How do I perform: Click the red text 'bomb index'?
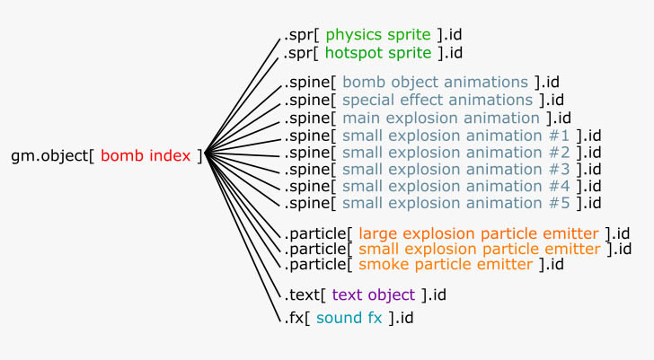pyautogui.click(x=146, y=156)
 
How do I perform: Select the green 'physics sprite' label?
pyautogui.click(x=378, y=35)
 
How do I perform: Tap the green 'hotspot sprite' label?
pyautogui.click(x=378, y=53)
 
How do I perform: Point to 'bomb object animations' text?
pyautogui.click(x=435, y=83)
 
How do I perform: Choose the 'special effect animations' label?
pyautogui.click(x=437, y=101)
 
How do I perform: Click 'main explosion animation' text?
pyautogui.click(x=441, y=119)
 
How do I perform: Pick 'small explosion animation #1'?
pyautogui.click(x=455, y=136)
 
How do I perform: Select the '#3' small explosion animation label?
pyautogui.click(x=455, y=170)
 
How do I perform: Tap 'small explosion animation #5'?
pyautogui.click(x=455, y=203)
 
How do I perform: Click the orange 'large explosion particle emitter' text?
pyautogui.click(x=479, y=234)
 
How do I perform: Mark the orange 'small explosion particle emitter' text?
pyautogui.click(x=480, y=250)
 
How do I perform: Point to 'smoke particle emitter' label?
pyautogui.click(x=446, y=265)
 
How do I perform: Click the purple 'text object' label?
pyautogui.click(x=374, y=295)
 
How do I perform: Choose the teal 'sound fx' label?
pyautogui.click(x=349, y=318)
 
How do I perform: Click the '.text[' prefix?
pyautogui.click(x=305, y=295)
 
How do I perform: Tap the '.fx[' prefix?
pyautogui.click(x=297, y=319)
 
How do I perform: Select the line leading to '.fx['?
pyautogui.click(x=243, y=237)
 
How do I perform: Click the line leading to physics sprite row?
pyautogui.click(x=243, y=96)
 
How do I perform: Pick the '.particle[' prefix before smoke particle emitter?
pyautogui.click(x=318, y=265)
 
